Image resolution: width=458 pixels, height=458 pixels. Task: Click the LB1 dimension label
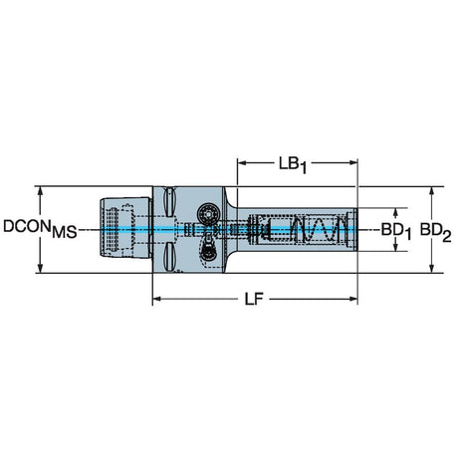click(x=293, y=165)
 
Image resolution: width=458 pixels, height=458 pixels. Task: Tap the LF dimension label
click(x=254, y=300)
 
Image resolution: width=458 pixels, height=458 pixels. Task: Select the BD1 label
click(x=396, y=230)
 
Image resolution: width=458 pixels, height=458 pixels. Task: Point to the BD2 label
click(x=436, y=231)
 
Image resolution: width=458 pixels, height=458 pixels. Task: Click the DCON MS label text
click(x=40, y=229)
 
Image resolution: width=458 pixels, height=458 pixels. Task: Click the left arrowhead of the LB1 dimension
click(x=242, y=162)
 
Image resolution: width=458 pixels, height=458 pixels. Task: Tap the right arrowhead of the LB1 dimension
click(x=353, y=162)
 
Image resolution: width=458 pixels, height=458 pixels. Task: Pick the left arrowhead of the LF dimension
click(x=156, y=299)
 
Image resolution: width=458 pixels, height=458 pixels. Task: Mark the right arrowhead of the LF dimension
click(x=353, y=299)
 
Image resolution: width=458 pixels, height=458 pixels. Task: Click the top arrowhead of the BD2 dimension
click(x=432, y=191)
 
